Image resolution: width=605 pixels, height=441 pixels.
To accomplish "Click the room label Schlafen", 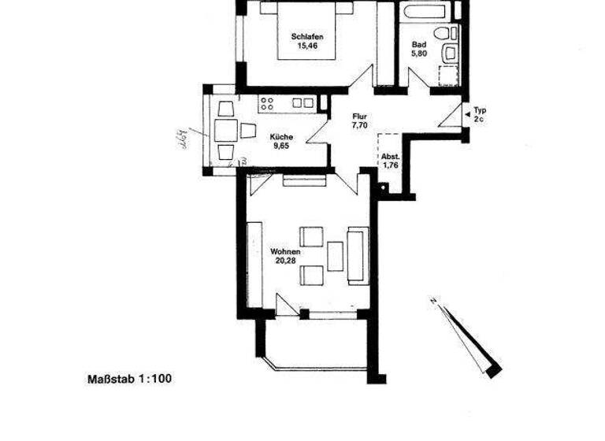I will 307,36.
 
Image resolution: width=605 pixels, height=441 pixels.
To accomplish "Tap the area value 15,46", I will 307,46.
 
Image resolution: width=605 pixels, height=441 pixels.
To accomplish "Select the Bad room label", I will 418,45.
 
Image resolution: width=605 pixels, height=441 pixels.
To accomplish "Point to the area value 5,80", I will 418,55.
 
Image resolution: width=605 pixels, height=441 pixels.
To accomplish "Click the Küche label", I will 281,135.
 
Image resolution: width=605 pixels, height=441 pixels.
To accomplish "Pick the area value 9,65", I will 281,146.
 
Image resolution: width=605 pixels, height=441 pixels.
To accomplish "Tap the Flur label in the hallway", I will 359,116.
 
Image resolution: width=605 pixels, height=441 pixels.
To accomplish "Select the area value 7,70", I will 359,125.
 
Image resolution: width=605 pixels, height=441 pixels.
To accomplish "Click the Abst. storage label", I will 392,156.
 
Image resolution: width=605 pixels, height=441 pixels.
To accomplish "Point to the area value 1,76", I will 392,165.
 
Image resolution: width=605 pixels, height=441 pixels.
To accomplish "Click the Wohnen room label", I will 285,252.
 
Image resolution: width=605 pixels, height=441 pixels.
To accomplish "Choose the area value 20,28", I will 285,261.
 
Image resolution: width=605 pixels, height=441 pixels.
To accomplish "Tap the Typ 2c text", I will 479,115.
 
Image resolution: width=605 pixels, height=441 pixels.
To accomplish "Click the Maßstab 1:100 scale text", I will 128,379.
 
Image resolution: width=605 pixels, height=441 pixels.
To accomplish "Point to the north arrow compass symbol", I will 469,334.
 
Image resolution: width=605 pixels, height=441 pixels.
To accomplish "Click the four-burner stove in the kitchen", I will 266,102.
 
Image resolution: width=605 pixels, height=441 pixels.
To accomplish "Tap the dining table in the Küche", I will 226,130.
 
